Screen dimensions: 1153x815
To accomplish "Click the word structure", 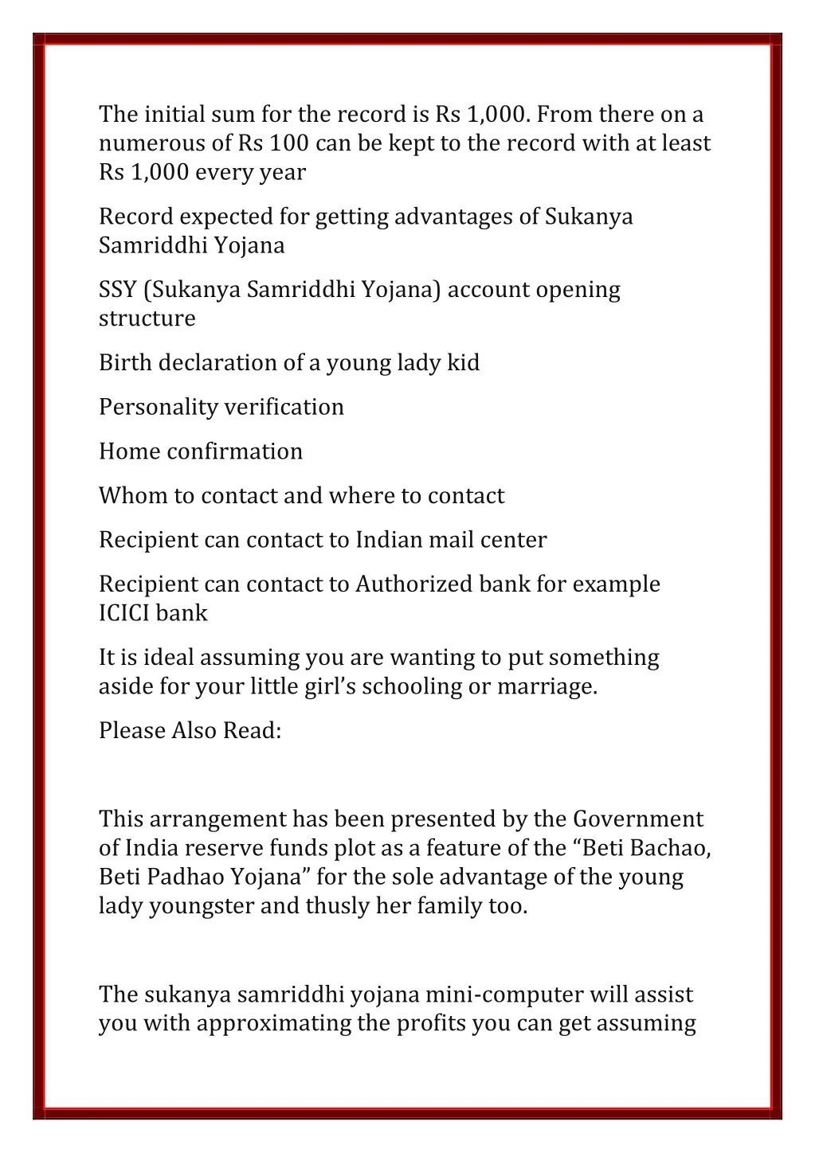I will [147, 319].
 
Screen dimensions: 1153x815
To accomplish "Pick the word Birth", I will [125, 363].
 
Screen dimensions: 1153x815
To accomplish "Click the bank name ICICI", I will [124, 613].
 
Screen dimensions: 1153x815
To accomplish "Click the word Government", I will [637, 819].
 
